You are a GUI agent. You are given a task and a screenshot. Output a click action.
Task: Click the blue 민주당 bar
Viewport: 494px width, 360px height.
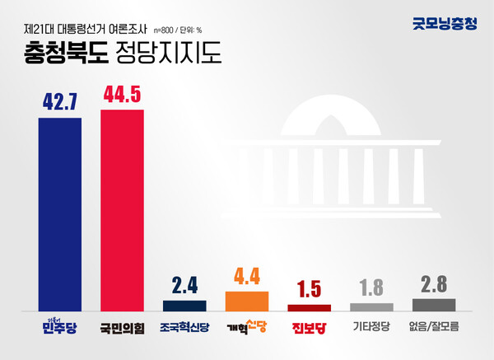60,213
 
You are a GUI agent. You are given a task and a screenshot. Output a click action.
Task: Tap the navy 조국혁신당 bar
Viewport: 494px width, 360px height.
184,305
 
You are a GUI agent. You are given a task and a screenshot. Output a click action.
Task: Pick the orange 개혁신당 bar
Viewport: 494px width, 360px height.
247,301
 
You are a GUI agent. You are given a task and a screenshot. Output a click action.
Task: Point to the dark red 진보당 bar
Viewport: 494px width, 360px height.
310,306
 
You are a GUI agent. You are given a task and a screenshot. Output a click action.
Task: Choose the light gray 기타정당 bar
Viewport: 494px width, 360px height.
371,306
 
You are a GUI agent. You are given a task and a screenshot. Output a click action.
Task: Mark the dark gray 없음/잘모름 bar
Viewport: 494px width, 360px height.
434,304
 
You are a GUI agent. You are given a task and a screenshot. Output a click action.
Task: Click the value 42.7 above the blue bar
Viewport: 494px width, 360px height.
60,102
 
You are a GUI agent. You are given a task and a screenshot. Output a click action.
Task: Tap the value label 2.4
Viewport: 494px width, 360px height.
184,286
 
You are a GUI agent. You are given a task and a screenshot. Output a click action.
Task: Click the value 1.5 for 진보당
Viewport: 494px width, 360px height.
310,290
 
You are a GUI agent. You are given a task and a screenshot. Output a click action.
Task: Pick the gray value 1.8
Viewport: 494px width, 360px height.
371,288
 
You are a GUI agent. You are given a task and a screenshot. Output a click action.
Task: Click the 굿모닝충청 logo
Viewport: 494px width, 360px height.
444,23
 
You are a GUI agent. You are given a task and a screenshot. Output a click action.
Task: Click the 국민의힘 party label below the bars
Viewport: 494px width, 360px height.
122,326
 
